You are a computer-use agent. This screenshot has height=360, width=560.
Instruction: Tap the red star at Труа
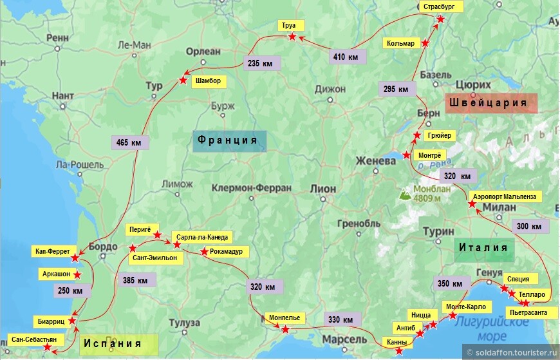point(292,37)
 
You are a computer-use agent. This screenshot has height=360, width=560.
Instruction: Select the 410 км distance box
point(346,57)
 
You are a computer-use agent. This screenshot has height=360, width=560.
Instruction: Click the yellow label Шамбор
point(208,81)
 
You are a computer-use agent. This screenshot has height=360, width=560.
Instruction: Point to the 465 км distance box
point(131,142)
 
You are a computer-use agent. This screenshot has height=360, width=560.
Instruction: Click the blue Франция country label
point(229,140)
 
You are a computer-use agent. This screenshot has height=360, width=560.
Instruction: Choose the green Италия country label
point(484,248)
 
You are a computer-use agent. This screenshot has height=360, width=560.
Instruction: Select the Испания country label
point(120,344)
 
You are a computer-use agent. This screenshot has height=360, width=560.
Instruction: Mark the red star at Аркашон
point(77,275)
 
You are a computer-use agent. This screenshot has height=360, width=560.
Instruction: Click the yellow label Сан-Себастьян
point(34,339)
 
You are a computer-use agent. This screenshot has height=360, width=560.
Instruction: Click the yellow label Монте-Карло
point(467,307)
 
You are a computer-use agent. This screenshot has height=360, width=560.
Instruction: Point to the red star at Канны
point(400,351)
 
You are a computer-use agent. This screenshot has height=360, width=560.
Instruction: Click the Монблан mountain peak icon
point(406,193)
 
